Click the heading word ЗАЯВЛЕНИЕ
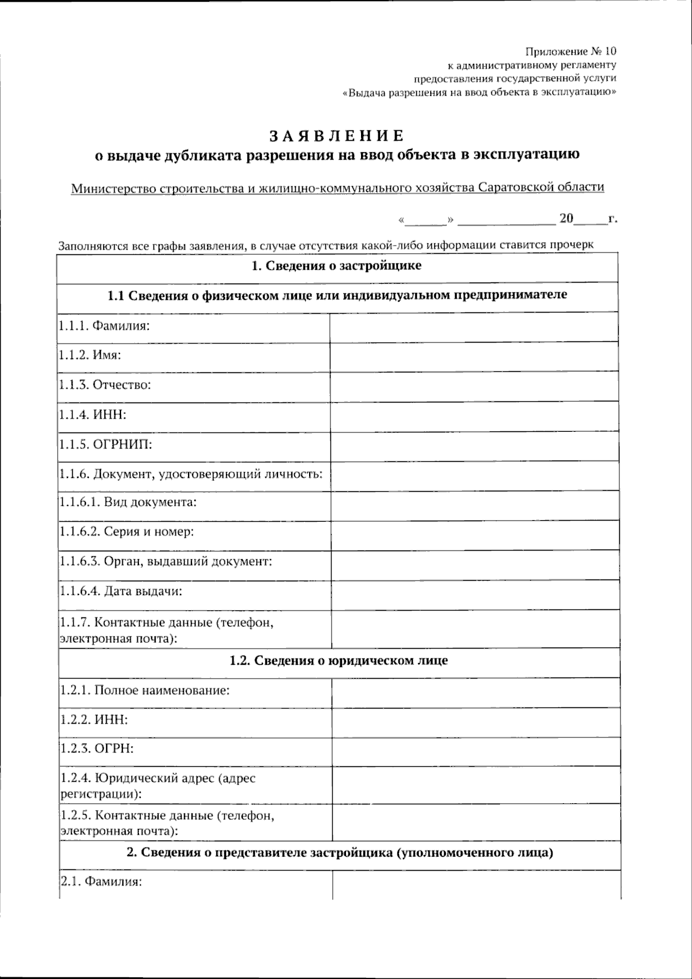coord(338,136)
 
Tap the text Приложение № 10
coord(570,51)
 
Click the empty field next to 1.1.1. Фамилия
coord(474,326)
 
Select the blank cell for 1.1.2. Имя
coord(474,356)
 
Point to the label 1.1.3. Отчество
coord(104,385)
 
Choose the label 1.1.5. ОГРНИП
coord(106,444)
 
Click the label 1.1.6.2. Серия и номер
coord(126,532)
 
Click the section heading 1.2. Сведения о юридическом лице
coord(339,661)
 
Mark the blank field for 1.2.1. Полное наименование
coord(475,691)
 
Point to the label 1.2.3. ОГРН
coord(97,749)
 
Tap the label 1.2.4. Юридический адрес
coord(157,778)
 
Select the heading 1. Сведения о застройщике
coord(337,266)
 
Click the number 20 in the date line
coord(566,219)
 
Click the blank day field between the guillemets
coord(427,220)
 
